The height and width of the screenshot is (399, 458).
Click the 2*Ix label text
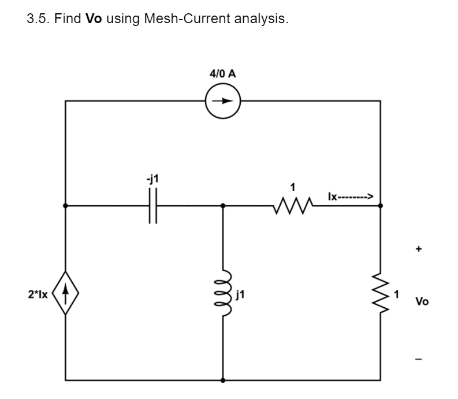(38, 296)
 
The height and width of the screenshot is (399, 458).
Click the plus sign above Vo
(420, 250)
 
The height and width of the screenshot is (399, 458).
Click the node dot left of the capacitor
(66, 206)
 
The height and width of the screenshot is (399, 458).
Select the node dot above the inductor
(224, 206)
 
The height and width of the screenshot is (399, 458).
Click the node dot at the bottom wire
(224, 381)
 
